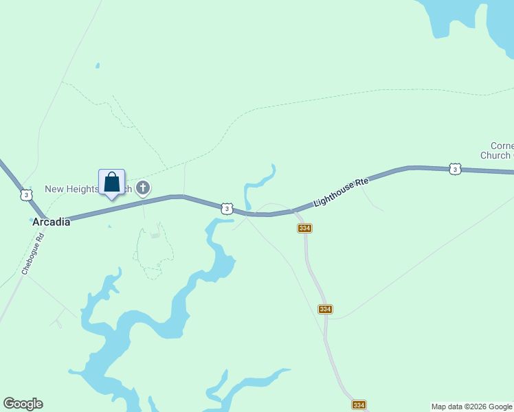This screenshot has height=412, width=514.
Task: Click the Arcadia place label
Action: click(x=52, y=222)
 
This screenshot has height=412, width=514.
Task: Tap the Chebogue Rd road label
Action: click(x=32, y=255)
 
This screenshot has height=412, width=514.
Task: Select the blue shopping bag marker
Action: click(x=112, y=183)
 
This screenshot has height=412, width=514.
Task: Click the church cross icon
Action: click(x=143, y=187)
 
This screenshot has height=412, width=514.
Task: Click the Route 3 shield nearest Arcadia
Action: click(x=26, y=196)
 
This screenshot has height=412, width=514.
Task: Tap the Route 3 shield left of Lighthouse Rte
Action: click(x=226, y=208)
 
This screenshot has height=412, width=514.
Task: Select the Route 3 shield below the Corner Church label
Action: click(x=454, y=169)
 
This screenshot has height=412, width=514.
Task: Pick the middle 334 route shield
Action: click(x=326, y=310)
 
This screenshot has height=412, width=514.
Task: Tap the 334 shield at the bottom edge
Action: click(x=359, y=406)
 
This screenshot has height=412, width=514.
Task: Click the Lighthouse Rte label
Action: click(x=342, y=192)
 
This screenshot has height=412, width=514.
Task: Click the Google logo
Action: click(x=23, y=404)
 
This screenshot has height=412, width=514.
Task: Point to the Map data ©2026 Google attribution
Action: click(x=472, y=407)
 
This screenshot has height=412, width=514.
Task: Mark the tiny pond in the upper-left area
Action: click(x=98, y=66)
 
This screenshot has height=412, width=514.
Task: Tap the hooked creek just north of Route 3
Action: click(x=257, y=183)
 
